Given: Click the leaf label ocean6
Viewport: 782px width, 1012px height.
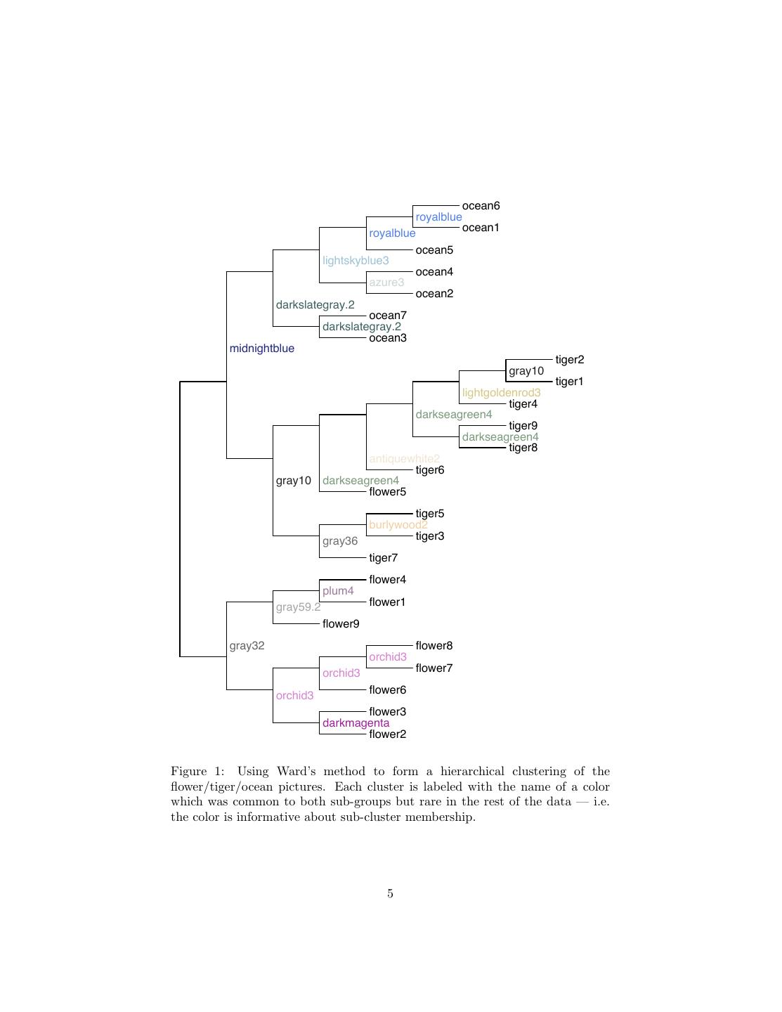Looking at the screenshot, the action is (481, 206).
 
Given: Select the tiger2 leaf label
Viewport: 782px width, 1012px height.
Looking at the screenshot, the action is (569, 360).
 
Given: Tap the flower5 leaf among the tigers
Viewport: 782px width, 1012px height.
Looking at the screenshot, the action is (387, 492).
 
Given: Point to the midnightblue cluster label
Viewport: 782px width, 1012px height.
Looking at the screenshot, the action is (261, 349).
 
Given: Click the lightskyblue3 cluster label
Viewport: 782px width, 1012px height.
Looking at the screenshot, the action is (356, 261).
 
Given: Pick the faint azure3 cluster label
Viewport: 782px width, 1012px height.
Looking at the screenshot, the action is (386, 283).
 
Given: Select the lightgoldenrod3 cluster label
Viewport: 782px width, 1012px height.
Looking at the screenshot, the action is (501, 393).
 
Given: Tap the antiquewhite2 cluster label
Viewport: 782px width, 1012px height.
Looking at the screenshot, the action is (404, 459).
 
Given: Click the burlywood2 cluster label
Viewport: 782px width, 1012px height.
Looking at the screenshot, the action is (398, 525).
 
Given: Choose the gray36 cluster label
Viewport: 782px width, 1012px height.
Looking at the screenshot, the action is (340, 541).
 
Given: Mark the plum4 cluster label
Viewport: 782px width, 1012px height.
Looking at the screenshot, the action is (338, 591).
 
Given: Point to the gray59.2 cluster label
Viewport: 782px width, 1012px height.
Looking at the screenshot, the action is (298, 607).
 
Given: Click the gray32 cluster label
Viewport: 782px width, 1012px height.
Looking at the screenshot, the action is (247, 646).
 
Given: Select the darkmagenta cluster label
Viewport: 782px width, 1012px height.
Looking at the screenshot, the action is (356, 723).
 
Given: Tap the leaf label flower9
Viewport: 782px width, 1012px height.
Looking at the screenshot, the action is (341, 624).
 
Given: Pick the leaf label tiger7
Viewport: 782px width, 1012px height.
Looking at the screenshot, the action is (384, 558).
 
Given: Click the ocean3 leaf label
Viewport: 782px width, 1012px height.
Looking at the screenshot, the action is (388, 338).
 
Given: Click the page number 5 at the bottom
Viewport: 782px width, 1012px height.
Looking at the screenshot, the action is (390, 894).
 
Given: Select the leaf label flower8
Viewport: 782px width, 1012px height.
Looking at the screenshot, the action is (434, 646).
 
